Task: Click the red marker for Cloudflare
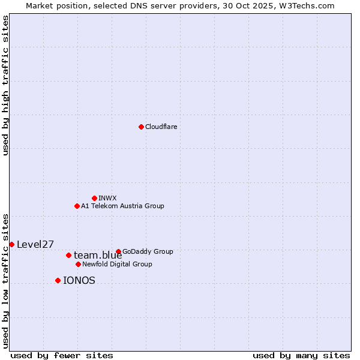click(141, 127)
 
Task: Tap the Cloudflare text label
click(161, 127)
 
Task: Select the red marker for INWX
click(94, 198)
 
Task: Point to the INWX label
click(107, 198)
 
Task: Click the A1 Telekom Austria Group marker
click(77, 206)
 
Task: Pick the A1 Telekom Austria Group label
click(122, 206)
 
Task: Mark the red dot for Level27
click(11, 244)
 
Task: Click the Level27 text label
click(35, 244)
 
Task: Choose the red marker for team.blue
click(68, 255)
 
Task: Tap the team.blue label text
click(98, 256)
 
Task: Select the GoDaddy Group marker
click(118, 251)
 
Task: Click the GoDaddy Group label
click(148, 251)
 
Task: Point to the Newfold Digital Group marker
click(78, 264)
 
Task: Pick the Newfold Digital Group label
click(117, 264)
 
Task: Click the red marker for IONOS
click(58, 280)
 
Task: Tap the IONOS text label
click(79, 280)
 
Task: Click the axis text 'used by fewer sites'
click(62, 355)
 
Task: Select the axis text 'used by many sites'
click(301, 355)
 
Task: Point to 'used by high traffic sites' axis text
click(5, 85)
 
